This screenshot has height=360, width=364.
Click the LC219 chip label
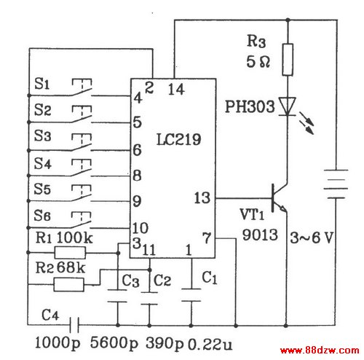179,139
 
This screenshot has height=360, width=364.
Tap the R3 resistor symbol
288,60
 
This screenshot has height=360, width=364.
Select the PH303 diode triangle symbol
288,106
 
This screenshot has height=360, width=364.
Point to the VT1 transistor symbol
279,197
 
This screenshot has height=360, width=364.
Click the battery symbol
336,184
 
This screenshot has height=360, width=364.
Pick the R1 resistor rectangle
70,253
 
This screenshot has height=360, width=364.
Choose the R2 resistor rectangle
68,284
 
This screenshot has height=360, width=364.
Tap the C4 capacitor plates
74,325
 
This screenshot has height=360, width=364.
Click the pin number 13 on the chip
202,198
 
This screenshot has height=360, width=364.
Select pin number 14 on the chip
176,89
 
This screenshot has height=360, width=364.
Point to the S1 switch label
41,84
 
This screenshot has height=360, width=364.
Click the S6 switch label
42,215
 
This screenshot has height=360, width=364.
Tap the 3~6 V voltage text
312,238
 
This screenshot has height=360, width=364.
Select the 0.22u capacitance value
210,345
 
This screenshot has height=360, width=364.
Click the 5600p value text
114,343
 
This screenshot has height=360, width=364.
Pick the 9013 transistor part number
260,235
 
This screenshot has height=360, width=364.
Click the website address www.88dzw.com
320,350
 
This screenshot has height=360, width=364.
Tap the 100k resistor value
74,238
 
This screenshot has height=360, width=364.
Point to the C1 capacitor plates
191,295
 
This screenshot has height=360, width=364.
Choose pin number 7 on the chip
207,238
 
